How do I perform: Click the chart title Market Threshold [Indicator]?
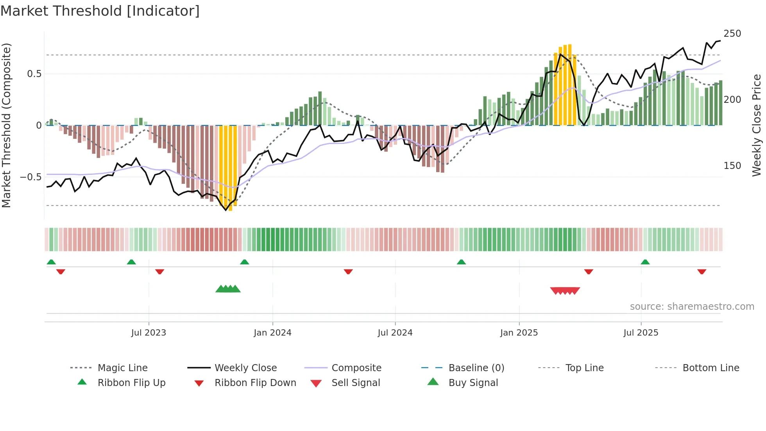point(100,11)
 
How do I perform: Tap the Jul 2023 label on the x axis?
point(149,333)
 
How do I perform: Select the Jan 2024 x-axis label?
point(272,333)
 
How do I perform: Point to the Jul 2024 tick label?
point(395,333)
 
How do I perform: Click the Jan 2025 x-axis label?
point(519,333)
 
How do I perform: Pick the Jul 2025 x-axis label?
point(641,333)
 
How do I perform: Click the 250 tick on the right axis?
point(732,34)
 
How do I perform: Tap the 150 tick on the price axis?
point(732,166)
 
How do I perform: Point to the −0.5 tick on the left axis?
point(30,177)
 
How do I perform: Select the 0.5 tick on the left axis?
point(34,74)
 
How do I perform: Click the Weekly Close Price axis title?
point(757,125)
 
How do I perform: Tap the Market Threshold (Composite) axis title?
point(6,125)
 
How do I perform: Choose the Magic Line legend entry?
point(122,368)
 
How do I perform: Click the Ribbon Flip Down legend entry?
point(255,383)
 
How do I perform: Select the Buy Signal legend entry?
point(473,383)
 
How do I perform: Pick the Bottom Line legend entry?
point(711,368)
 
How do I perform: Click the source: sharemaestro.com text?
point(692,307)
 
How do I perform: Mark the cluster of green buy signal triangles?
point(228,289)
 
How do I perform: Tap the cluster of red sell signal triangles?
point(565,291)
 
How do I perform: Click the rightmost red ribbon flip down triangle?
point(702,271)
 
